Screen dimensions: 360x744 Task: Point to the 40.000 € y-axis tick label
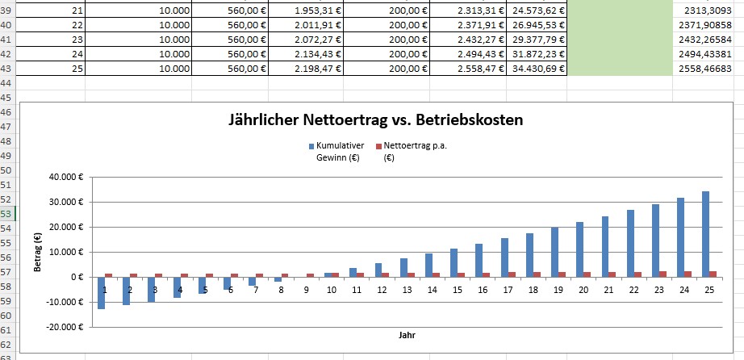[66, 176]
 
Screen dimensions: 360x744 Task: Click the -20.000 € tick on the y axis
[65, 327]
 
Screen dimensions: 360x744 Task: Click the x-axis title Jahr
[406, 333]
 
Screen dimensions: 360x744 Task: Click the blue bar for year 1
[102, 292]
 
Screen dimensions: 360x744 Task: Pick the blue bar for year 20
[579, 249]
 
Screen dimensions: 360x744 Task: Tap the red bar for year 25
[713, 274]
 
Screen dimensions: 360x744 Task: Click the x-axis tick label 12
[381, 289]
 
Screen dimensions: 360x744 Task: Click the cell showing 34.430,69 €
[537, 68]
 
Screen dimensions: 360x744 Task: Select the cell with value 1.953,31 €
[307, 10]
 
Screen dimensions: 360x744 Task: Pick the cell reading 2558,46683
[708, 68]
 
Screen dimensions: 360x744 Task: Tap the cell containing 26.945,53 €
[537, 24]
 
